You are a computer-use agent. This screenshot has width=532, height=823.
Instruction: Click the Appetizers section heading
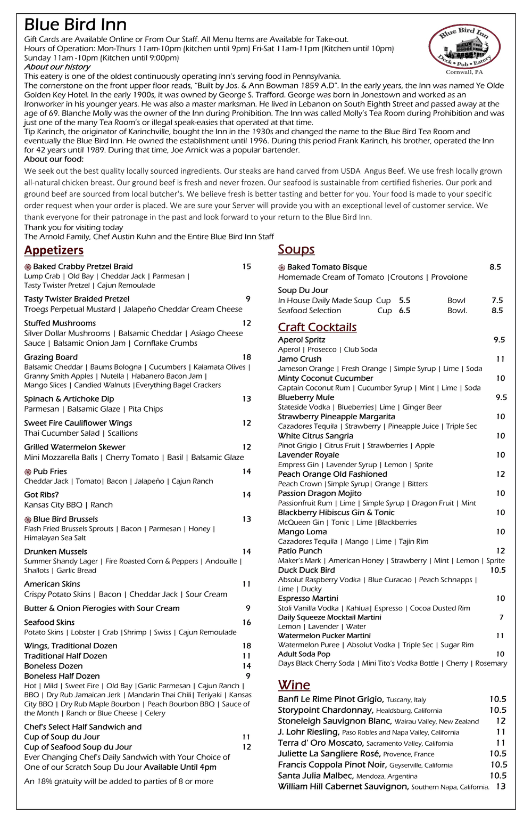54,250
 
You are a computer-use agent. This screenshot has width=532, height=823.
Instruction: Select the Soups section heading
296,249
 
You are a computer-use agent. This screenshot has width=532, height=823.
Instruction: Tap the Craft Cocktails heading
317,327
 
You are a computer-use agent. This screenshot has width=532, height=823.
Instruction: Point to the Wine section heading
294,685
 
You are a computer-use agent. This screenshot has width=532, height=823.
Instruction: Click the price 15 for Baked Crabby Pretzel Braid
246,266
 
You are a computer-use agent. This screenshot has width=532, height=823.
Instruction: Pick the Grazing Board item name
51,357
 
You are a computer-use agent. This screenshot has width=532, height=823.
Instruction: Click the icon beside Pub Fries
28,472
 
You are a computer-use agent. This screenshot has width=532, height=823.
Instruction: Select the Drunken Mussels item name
55,551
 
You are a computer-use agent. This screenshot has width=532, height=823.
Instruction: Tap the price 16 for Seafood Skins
246,622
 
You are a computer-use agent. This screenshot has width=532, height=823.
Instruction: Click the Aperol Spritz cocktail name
301,339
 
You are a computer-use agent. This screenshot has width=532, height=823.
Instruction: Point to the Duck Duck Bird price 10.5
497,570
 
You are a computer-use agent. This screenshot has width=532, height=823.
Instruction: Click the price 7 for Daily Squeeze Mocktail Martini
501,617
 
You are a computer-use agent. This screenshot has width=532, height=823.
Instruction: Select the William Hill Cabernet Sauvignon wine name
343,786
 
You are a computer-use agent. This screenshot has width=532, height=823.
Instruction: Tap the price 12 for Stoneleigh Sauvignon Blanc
500,721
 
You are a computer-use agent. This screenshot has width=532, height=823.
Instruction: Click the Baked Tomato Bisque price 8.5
495,267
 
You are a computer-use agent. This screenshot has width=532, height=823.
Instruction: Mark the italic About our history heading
57,67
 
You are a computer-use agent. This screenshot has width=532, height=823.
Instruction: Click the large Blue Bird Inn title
76,25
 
